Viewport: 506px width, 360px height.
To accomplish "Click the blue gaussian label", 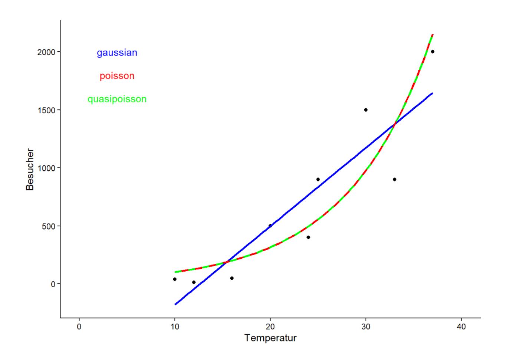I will click(x=117, y=53).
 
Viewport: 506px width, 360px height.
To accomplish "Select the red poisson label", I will click(x=117, y=76).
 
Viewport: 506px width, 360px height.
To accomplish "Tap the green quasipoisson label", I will click(x=117, y=99).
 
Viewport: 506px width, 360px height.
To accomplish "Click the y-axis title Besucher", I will click(x=30, y=170).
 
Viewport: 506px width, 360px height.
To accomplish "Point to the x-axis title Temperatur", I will click(x=270, y=338).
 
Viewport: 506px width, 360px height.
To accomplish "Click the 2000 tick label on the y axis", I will click(x=46, y=52).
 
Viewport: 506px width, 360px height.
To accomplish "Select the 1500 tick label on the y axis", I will click(x=46, y=110).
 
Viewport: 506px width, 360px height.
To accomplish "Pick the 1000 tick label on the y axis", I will click(x=46, y=168).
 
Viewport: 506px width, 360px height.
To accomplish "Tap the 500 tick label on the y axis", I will click(x=48, y=226).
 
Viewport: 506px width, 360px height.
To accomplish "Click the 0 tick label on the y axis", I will click(x=53, y=284).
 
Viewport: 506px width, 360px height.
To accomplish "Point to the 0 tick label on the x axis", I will click(x=79, y=327).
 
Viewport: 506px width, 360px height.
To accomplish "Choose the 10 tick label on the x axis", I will click(x=174, y=327).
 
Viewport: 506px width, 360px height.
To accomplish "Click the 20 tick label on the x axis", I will click(x=270, y=327).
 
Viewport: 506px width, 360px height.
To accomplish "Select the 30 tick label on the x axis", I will click(x=366, y=327).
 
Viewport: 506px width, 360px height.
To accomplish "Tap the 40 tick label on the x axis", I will click(x=461, y=327).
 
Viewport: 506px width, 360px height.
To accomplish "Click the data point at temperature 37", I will click(x=433, y=52).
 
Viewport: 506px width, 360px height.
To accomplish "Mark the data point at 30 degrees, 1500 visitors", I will click(x=366, y=110).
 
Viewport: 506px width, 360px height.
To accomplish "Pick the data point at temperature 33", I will click(x=394, y=179).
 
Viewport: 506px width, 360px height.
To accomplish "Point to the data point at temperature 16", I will click(x=232, y=278).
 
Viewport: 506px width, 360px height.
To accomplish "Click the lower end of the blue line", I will click(x=175, y=304).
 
